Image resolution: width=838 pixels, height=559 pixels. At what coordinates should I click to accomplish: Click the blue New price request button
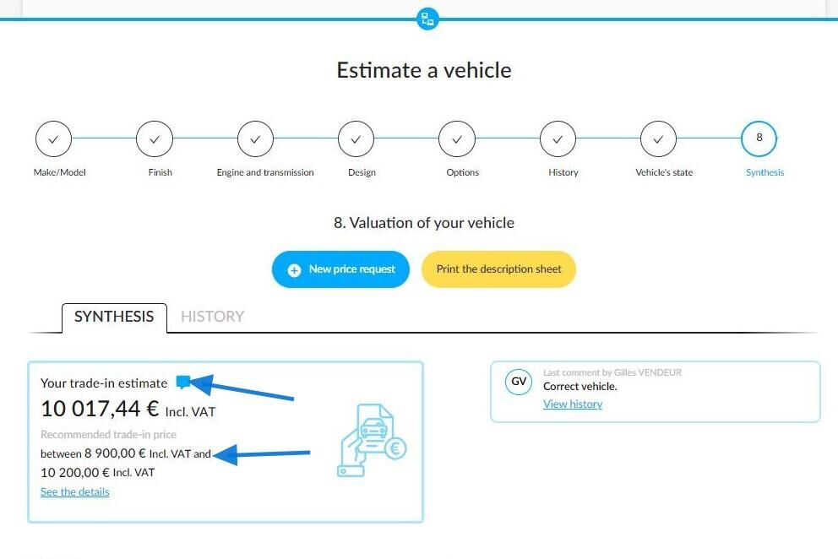[340, 269]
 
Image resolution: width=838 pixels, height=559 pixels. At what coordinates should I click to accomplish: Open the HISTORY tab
[212, 317]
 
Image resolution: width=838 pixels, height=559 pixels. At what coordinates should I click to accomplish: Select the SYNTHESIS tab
[114, 317]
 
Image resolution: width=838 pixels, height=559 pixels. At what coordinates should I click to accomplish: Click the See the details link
[75, 491]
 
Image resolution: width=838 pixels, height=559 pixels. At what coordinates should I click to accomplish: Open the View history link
[573, 404]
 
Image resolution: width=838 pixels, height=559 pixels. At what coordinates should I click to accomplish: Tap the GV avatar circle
[519, 382]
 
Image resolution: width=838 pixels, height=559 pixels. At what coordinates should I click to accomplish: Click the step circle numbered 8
[759, 138]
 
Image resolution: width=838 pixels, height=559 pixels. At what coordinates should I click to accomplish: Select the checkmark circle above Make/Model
[53, 139]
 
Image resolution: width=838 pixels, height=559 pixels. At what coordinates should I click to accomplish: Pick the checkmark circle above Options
[457, 139]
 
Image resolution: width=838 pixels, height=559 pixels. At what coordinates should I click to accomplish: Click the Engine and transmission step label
[265, 172]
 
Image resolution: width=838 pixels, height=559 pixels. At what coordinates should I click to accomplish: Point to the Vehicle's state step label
[664, 172]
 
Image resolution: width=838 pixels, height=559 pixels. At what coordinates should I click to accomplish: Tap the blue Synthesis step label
[765, 172]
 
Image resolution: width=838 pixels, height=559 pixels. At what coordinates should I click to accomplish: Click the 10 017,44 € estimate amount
[100, 409]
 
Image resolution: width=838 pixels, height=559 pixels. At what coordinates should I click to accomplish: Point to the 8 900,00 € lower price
[115, 453]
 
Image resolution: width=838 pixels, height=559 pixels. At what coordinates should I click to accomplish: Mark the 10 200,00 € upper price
[75, 472]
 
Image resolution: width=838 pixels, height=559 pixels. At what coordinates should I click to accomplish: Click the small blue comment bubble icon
[182, 382]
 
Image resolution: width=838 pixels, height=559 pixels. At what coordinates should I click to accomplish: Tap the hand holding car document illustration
[372, 441]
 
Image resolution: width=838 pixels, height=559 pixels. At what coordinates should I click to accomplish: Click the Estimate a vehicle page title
[424, 70]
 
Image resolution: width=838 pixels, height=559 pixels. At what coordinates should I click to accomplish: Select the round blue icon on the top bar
[427, 19]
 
